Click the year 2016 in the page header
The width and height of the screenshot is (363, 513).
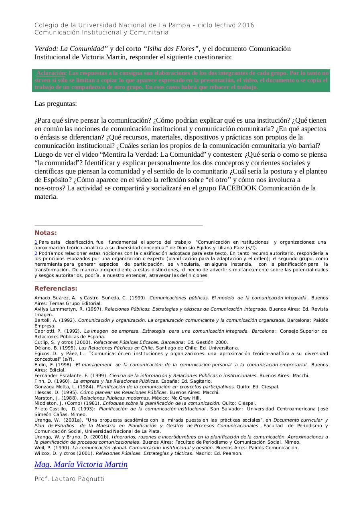point(246,25)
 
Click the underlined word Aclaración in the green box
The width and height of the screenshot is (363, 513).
point(51,73)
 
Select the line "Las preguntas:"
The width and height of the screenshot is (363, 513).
point(56,104)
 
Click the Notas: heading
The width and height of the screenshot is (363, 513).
point(46,233)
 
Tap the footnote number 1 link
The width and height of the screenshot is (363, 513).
point(36,242)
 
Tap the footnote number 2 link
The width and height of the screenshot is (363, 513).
point(36,254)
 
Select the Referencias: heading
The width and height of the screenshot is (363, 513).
point(56,289)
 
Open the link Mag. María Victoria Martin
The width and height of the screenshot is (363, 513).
point(81,465)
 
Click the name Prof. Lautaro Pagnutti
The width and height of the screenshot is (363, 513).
point(69,479)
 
